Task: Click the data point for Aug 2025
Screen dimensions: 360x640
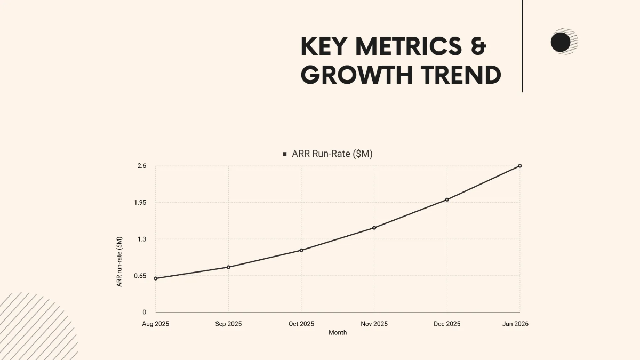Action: click(x=155, y=278)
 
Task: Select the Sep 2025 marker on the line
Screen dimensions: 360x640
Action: click(x=228, y=267)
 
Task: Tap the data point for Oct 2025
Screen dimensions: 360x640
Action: click(x=301, y=250)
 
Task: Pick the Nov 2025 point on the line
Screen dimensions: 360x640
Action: click(x=374, y=228)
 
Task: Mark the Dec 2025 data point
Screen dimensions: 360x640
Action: click(x=447, y=199)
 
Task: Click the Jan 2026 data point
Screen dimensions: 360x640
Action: click(x=520, y=166)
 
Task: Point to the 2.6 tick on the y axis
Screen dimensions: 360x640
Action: click(x=141, y=166)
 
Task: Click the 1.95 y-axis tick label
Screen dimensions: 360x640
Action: click(x=140, y=203)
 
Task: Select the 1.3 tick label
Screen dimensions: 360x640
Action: click(x=141, y=239)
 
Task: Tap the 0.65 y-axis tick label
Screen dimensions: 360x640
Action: click(x=140, y=276)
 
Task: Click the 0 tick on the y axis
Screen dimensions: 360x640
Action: click(x=144, y=313)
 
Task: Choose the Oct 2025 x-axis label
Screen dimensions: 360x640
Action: click(x=301, y=324)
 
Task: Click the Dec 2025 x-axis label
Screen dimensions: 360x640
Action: click(x=447, y=324)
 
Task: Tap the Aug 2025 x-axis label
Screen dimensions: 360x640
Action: click(x=155, y=324)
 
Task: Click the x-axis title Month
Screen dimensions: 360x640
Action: click(x=338, y=333)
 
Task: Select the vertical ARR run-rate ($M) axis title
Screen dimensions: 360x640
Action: click(x=119, y=261)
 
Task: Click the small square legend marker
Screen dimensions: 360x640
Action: click(x=285, y=154)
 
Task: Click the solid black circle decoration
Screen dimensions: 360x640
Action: click(x=561, y=42)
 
